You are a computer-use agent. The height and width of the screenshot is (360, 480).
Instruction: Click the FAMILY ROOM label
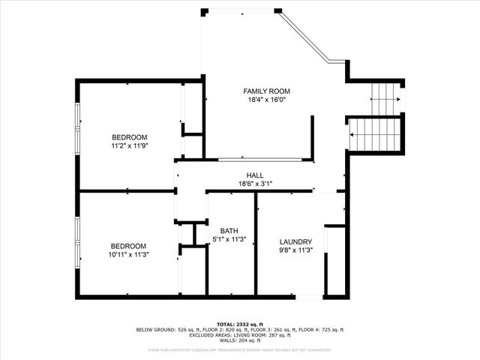point(265,91)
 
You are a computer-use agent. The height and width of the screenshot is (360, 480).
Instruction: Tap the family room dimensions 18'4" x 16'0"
point(265,100)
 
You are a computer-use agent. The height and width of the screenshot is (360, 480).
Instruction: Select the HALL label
point(255,175)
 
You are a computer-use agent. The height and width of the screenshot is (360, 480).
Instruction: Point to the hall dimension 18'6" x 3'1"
point(255,184)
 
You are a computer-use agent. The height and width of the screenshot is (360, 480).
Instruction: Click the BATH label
point(229,231)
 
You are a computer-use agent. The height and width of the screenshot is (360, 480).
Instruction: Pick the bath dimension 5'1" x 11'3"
point(229,239)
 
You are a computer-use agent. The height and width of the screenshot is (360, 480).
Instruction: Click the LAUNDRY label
point(295,241)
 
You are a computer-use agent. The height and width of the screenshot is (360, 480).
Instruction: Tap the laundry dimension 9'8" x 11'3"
point(295,250)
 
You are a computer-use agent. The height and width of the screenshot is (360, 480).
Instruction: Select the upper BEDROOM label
point(129,137)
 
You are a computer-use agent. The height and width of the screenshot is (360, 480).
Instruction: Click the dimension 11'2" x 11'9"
point(129,146)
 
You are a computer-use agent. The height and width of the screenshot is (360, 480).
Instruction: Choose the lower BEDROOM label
point(129,246)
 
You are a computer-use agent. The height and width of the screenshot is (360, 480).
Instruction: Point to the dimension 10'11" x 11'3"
point(129,254)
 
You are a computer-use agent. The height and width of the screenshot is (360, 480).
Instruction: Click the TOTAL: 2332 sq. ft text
point(240,323)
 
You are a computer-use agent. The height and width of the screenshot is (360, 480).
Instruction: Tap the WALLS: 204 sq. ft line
point(240,340)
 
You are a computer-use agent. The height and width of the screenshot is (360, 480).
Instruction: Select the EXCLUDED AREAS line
point(240,335)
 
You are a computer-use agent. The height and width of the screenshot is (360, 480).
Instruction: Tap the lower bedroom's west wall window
point(76,241)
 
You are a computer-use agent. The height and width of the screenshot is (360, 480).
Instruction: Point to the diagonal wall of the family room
point(304,36)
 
